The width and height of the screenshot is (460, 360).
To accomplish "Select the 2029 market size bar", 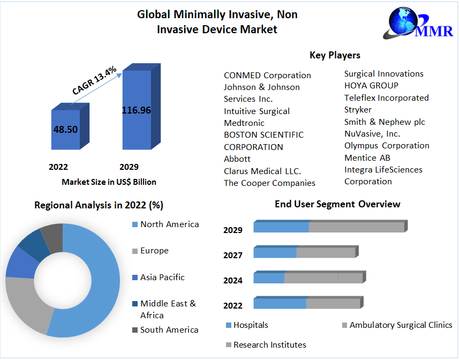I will point(137,110).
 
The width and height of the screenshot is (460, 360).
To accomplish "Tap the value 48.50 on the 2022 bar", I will point(65,129).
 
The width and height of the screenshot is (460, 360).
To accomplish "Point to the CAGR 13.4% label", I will point(95,82).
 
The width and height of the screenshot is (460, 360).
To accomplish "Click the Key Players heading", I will point(335,55).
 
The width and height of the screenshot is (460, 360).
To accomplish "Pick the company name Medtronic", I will point(244,123).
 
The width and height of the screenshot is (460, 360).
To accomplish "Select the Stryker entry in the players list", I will point(358,110).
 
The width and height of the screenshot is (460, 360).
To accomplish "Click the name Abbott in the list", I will point(237,159).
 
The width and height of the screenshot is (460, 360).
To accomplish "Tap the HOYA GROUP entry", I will point(371,86).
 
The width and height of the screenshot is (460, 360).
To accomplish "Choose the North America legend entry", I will point(169,224).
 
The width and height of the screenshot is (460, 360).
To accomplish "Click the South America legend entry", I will point(169,330).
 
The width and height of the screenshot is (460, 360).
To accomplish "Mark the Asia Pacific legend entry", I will point(162,277).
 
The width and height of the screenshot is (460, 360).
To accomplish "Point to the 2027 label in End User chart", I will point(233,256).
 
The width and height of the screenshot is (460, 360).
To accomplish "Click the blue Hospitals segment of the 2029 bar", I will point(281,227).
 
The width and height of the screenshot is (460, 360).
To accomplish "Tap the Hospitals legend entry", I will point(251,325).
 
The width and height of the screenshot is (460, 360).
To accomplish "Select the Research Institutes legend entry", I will point(269,345).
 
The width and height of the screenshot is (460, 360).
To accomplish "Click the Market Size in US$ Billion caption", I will point(109,182).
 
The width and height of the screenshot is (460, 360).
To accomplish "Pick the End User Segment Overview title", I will point(337,204).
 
